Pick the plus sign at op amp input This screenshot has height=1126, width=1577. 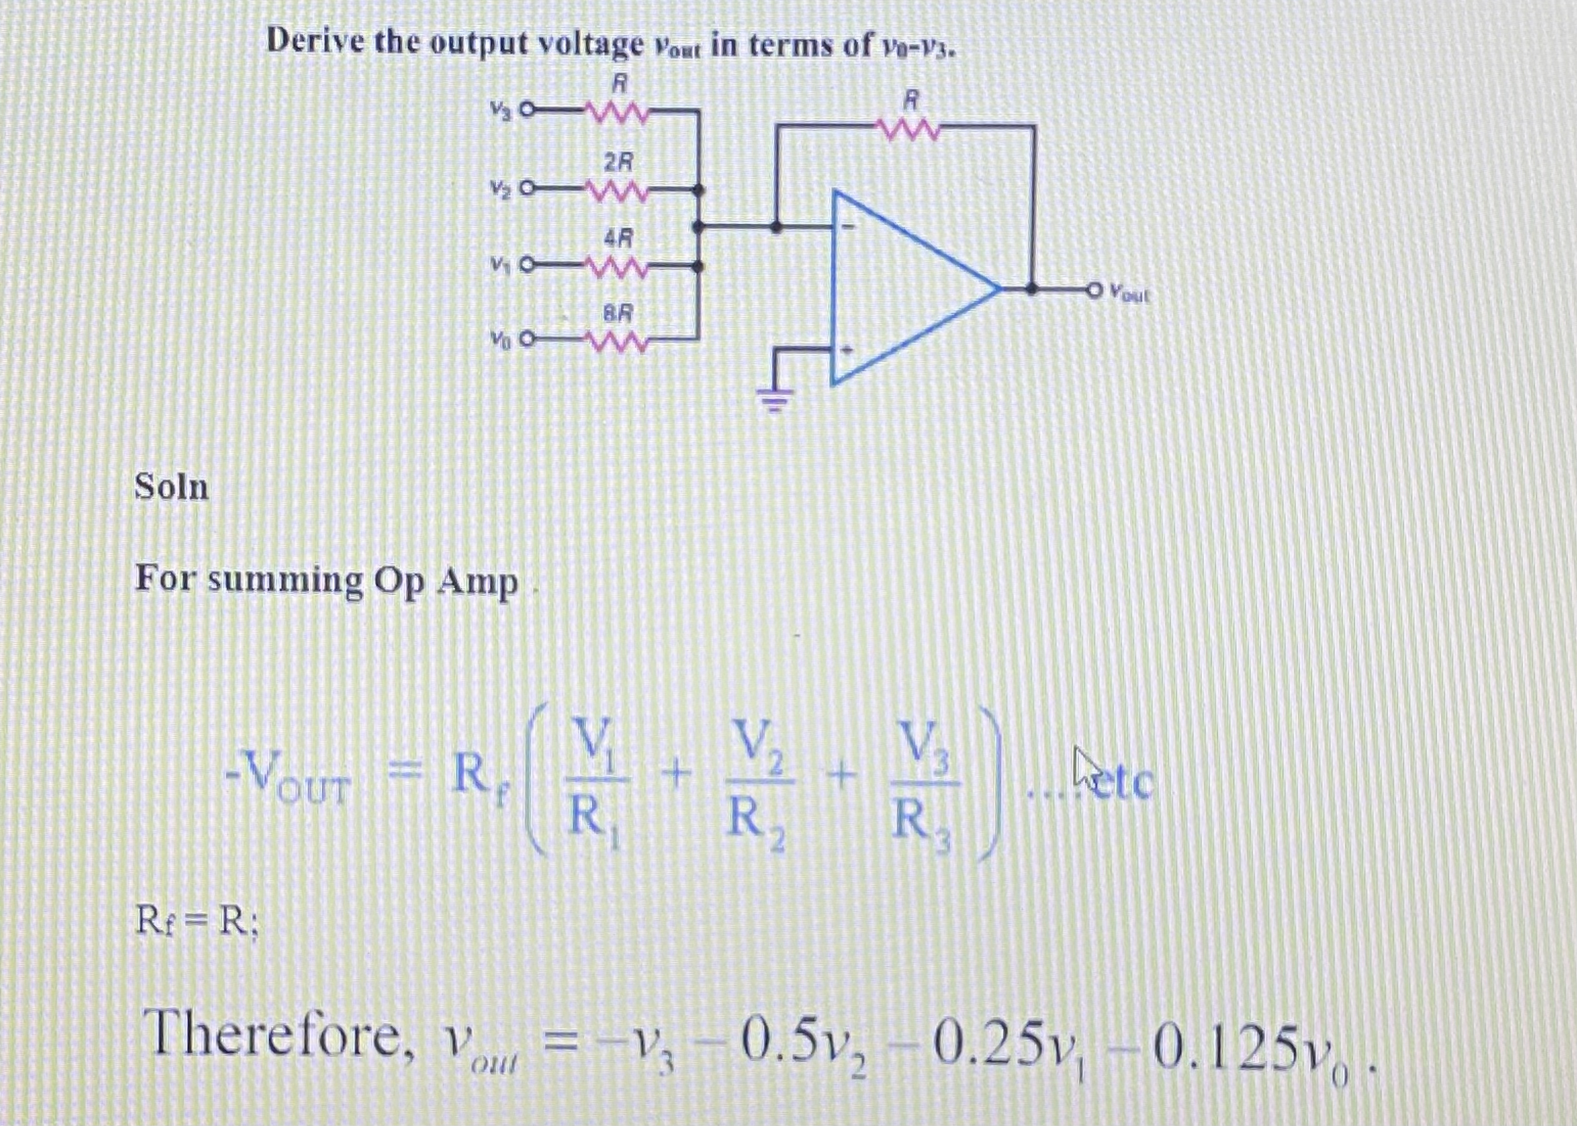[x=846, y=352]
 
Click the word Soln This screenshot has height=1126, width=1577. [x=171, y=487]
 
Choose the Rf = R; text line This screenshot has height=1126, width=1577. [x=196, y=923]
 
